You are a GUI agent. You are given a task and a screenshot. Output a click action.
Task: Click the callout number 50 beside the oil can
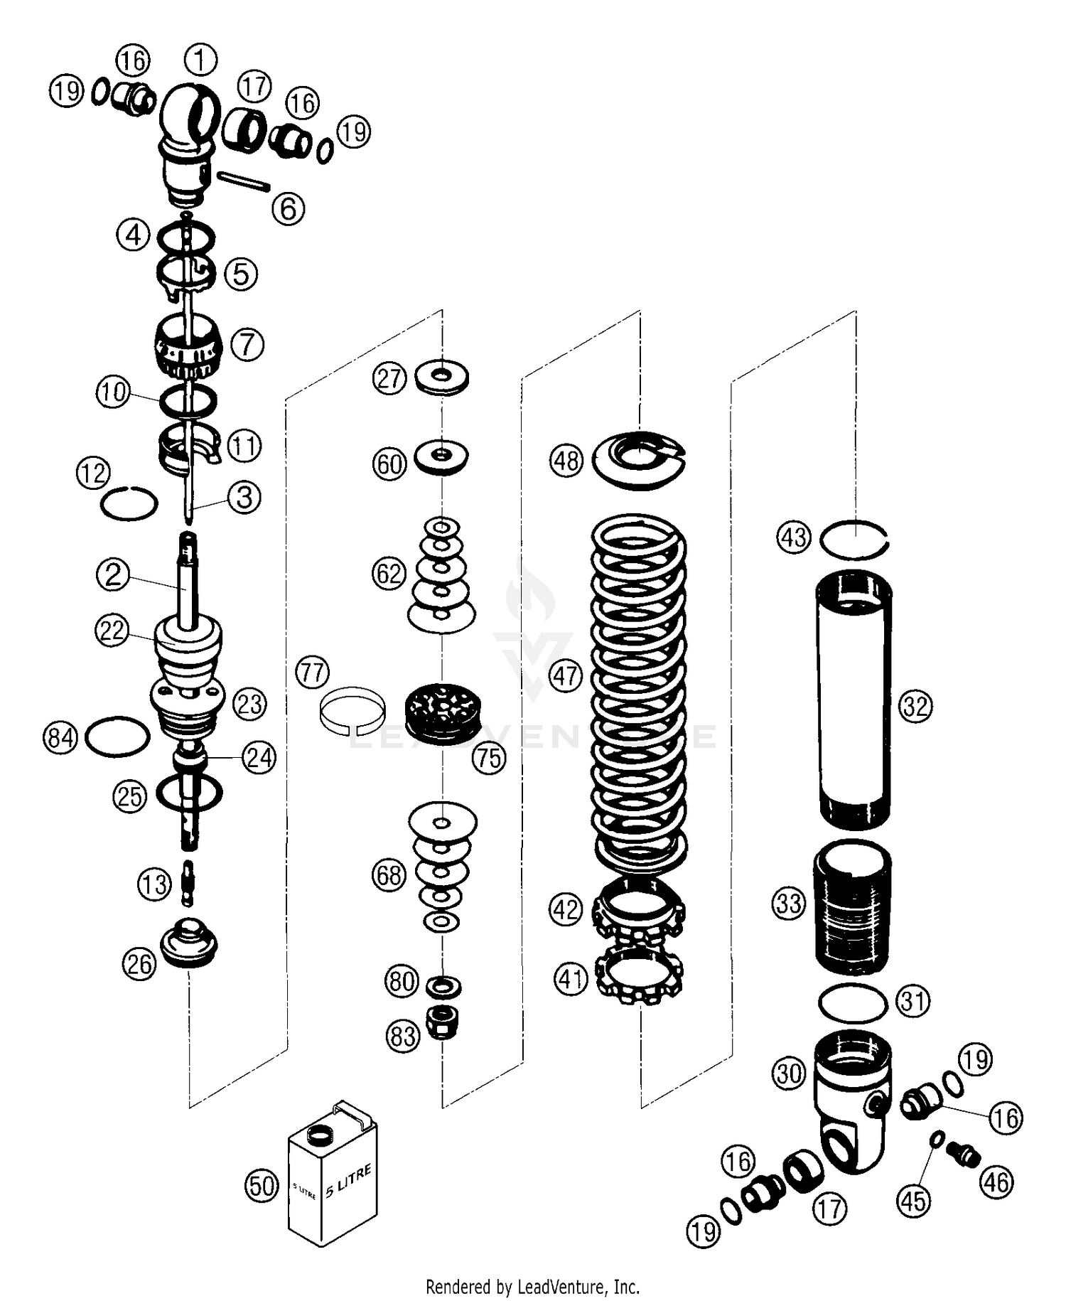[262, 1186]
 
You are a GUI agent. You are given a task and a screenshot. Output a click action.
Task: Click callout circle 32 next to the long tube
[915, 707]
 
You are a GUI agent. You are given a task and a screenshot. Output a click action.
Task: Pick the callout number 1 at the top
[200, 60]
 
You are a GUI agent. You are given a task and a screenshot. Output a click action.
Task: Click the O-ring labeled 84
[117, 737]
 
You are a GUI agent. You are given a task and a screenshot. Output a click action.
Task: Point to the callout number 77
[313, 672]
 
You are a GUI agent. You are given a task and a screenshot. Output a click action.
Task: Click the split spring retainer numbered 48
[637, 461]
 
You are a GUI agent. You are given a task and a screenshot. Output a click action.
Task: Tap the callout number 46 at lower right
[996, 1182]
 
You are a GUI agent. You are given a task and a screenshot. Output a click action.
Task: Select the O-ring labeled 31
[852, 1002]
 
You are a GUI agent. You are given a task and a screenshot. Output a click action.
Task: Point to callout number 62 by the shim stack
[389, 573]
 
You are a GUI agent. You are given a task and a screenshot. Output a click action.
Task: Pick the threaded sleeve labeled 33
[851, 906]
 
